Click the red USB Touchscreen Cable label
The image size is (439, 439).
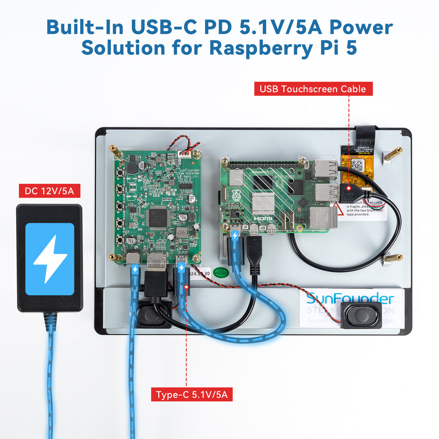[313, 89]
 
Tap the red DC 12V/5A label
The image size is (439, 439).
[49, 191]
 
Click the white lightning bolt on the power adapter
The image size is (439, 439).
[50, 259]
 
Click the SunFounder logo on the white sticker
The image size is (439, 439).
[350, 298]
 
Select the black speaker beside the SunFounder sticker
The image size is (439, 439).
[361, 315]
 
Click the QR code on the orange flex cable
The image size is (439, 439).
[357, 165]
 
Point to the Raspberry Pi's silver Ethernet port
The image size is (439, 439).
[323, 217]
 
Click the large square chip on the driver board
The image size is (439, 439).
[157, 218]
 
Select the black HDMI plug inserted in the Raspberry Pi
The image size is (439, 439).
[254, 255]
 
